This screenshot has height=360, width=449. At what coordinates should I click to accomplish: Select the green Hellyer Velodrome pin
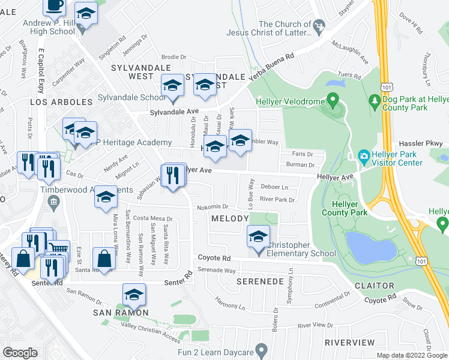click(x=331, y=98)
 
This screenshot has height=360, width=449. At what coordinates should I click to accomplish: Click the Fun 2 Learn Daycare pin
click(x=261, y=349)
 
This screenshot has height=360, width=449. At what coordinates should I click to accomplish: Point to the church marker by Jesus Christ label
click(x=319, y=25)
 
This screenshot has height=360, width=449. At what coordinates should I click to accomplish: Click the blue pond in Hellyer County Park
click(x=370, y=247)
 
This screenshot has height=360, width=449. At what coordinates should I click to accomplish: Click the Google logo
click(x=20, y=353)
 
